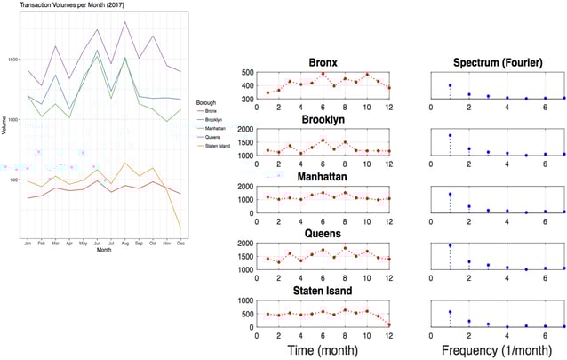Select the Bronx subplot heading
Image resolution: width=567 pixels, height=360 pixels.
click(x=322, y=62)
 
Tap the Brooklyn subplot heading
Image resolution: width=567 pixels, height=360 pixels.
click(x=322, y=118)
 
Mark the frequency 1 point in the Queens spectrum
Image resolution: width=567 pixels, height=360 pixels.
click(x=450, y=245)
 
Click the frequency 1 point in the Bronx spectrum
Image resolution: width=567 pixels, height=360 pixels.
click(x=450, y=85)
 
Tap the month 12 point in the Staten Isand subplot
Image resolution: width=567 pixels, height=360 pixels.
click(x=388, y=324)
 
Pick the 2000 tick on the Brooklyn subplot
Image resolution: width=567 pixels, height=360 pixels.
click(x=242, y=130)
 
